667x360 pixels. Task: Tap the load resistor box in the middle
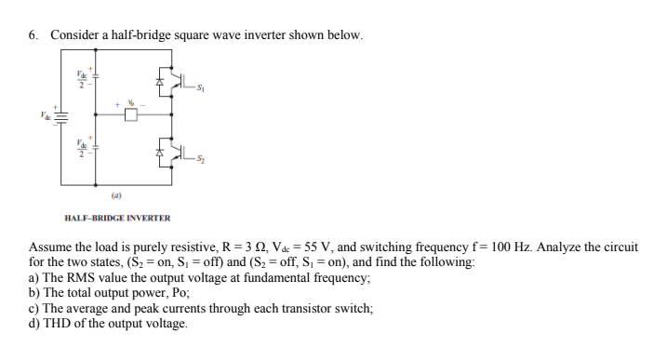(x=131, y=115)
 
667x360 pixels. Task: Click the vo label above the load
(x=132, y=98)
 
